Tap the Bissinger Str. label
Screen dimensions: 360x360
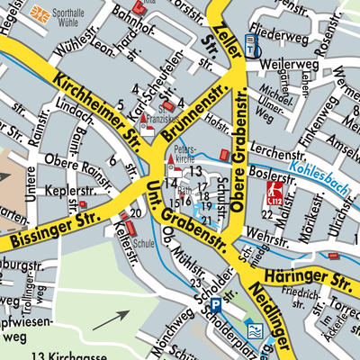pos(53,229)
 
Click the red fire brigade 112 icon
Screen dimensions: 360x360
pos(272,193)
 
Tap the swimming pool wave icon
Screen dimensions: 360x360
pos(256,330)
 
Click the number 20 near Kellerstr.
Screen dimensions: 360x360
pos(135,212)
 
